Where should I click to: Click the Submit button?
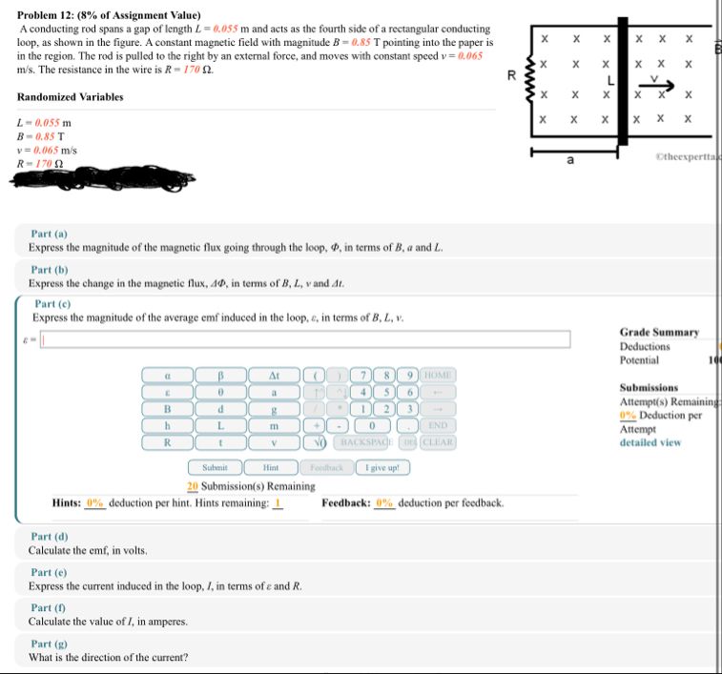pos(216,467)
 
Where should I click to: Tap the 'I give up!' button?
pos(382,467)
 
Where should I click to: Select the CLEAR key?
pos(438,442)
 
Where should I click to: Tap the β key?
pos(220,374)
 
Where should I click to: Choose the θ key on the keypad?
pos(220,391)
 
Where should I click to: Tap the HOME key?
pos(438,374)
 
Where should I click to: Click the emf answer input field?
pos(305,339)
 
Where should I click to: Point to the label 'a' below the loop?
pos(570,162)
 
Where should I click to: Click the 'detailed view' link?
pos(649,442)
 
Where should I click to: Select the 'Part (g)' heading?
pos(49,644)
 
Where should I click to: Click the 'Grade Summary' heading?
pos(659,332)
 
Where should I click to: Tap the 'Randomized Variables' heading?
pos(70,97)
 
